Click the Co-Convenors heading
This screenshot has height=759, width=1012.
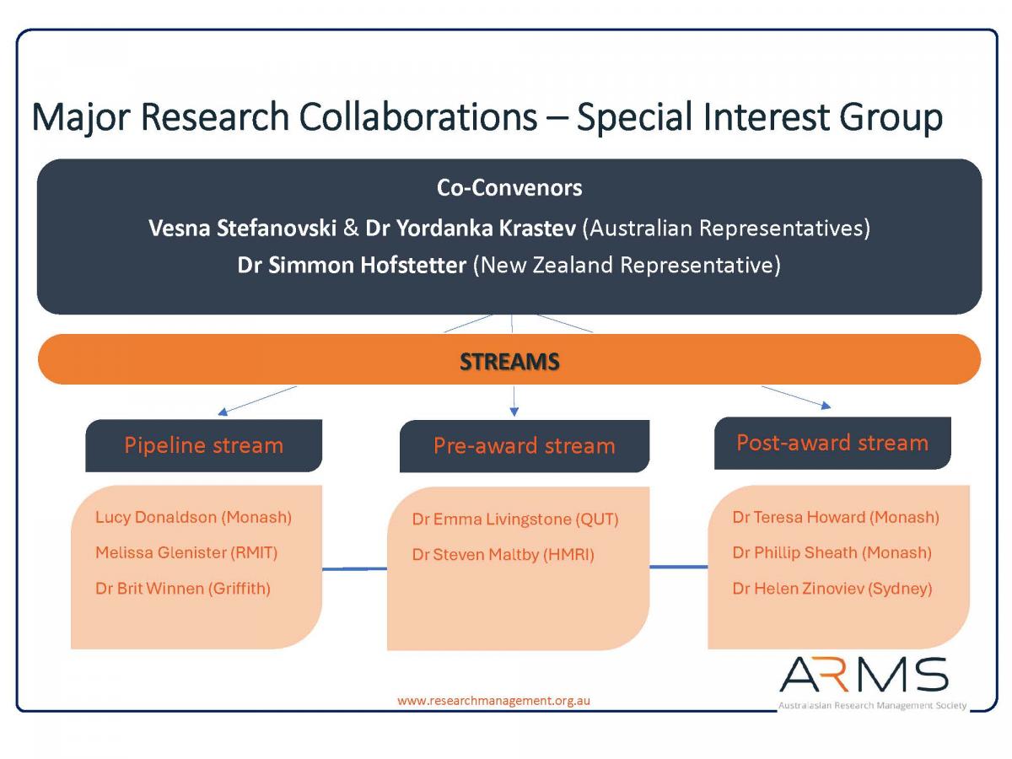click(x=509, y=188)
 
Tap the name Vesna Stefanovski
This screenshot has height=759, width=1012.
click(x=243, y=228)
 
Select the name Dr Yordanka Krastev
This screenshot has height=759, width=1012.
click(x=471, y=228)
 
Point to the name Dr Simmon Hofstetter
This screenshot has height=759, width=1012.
click(x=352, y=265)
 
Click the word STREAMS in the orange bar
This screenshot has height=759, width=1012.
click(x=509, y=361)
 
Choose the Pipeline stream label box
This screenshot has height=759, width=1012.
click(x=204, y=445)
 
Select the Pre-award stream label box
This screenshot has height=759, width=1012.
click(x=525, y=446)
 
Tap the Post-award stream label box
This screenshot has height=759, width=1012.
click(x=832, y=443)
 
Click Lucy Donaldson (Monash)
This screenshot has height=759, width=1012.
click(x=193, y=517)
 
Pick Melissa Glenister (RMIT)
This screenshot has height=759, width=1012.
click(x=186, y=552)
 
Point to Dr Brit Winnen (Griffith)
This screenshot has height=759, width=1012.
click(x=182, y=589)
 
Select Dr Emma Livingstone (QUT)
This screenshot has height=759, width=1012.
click(x=515, y=519)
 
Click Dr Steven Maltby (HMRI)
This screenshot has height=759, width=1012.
click(x=503, y=554)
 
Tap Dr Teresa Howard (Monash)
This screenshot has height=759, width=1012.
click(x=836, y=517)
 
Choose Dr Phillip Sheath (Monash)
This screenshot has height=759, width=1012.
click(x=832, y=552)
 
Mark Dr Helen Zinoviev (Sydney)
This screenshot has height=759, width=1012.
click(x=832, y=589)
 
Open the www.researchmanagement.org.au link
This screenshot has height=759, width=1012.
click(x=493, y=701)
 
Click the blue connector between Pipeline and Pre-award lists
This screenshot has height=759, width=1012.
click(x=354, y=569)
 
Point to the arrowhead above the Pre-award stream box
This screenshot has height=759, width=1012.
click(x=514, y=412)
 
